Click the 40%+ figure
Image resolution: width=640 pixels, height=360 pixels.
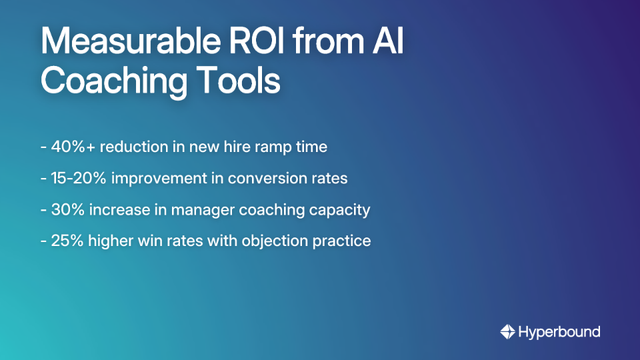[73, 147]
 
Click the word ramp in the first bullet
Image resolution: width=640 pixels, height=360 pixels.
[271, 147]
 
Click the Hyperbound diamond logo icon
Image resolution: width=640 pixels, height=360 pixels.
[508, 331]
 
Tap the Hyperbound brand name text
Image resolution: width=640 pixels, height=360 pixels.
[559, 331]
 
